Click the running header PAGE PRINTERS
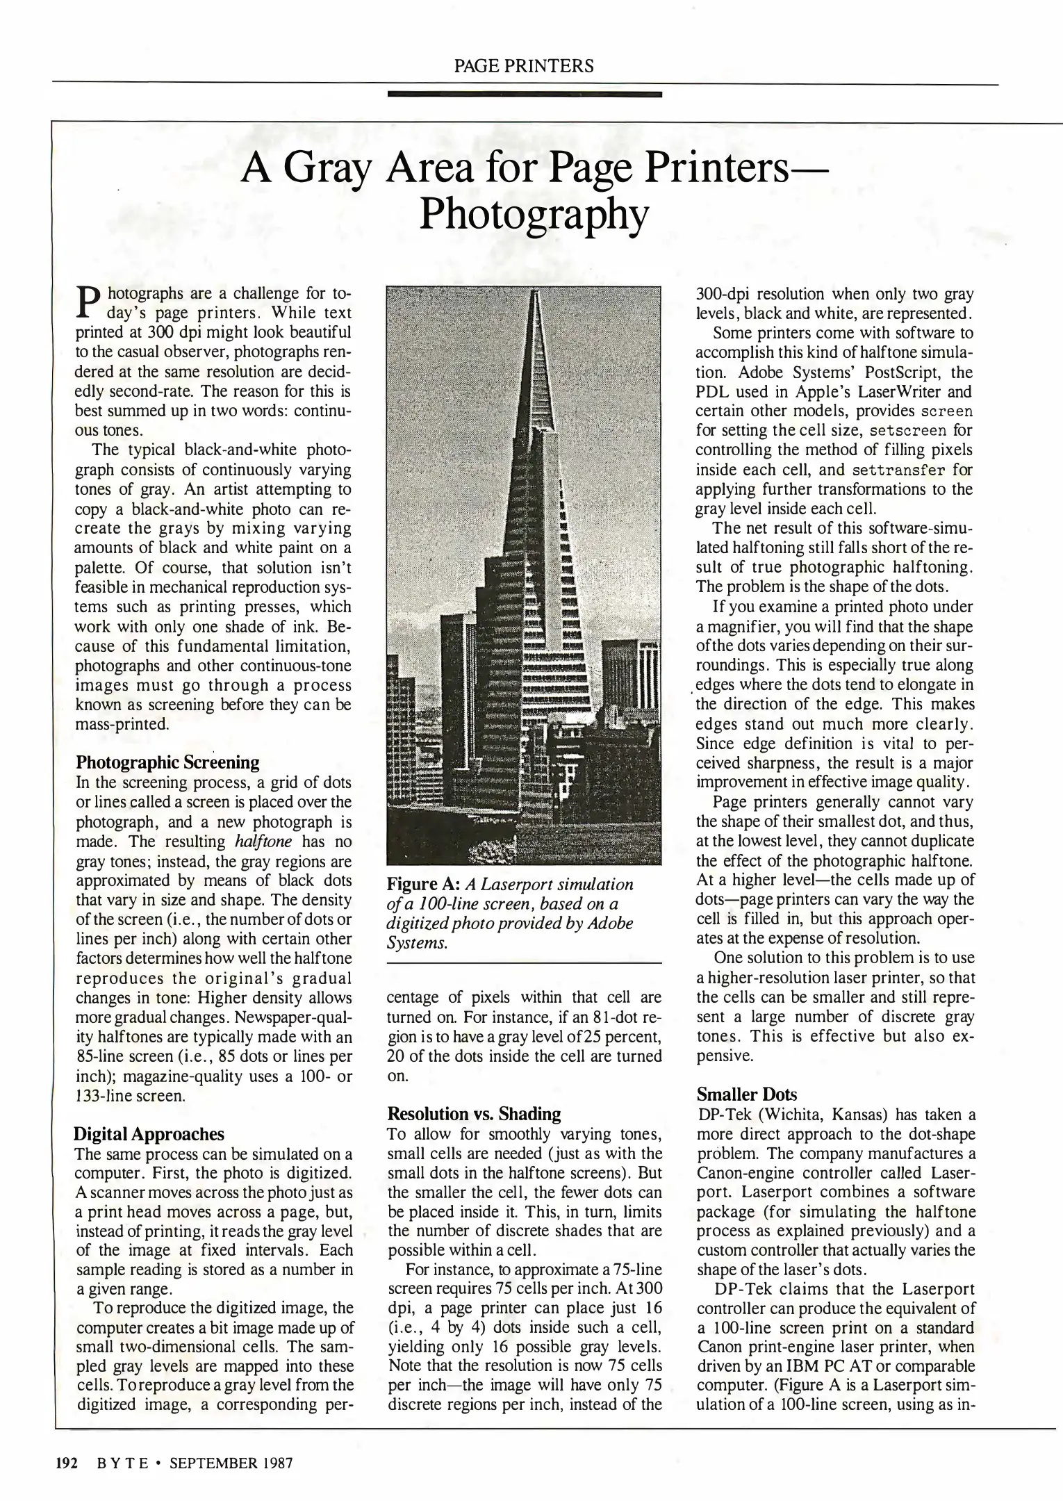tap(524, 67)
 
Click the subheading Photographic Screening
tap(167, 762)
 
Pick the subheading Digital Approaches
tap(149, 1134)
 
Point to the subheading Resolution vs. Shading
tap(473, 1114)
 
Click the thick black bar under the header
tap(524, 94)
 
